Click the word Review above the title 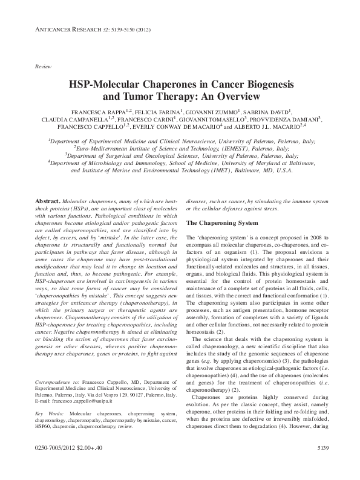(x=43, y=65)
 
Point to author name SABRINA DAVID (x=264, y=112)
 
